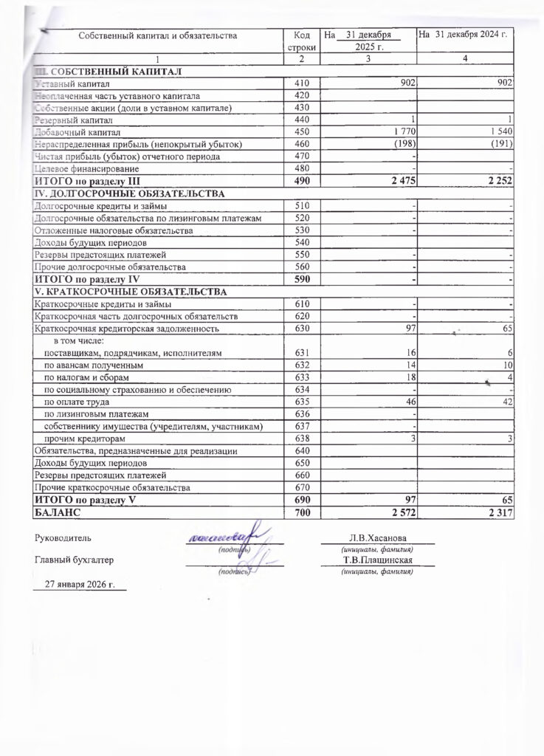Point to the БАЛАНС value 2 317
click(x=498, y=512)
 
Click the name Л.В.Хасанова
click(x=376, y=537)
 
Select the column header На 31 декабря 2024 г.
click(x=465, y=34)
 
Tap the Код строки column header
click(x=301, y=40)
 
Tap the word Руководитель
click(x=63, y=537)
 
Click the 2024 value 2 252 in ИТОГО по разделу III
click(x=498, y=181)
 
